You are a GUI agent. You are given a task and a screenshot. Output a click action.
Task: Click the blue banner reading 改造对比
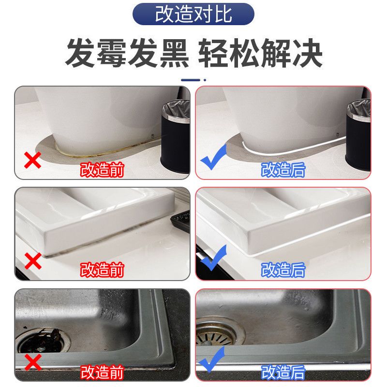[x=193, y=14]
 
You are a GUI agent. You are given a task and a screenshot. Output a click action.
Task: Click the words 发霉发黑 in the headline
[x=127, y=53]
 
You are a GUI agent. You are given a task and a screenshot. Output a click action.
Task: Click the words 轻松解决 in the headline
[x=260, y=53]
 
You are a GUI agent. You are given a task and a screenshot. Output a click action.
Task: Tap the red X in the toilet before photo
[x=32, y=160]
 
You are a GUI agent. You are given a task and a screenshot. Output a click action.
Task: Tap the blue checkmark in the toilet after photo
[x=213, y=158]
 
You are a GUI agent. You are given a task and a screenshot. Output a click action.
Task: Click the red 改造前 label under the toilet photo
[x=102, y=170]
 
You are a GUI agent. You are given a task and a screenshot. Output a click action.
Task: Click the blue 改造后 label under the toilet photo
[x=283, y=170]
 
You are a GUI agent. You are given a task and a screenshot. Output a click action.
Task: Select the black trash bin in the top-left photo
[x=176, y=136]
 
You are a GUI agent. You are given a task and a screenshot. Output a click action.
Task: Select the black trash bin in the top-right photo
[x=358, y=136]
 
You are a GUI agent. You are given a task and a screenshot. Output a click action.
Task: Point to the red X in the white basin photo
[x=33, y=261]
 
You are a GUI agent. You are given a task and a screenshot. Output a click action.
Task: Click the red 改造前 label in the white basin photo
[x=102, y=269]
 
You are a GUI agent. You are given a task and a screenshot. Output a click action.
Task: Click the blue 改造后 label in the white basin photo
[x=283, y=269]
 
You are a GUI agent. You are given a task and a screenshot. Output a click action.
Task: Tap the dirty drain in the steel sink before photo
[x=43, y=341]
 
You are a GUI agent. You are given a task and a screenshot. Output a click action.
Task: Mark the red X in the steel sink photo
[x=33, y=362]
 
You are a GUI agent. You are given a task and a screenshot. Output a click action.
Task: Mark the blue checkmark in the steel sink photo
[x=212, y=359]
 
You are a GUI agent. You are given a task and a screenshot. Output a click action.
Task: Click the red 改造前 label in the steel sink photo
[x=102, y=372]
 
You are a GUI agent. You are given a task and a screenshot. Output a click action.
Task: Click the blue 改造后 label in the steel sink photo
[x=283, y=372]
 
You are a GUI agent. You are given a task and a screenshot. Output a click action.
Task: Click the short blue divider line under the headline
[x=191, y=80]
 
